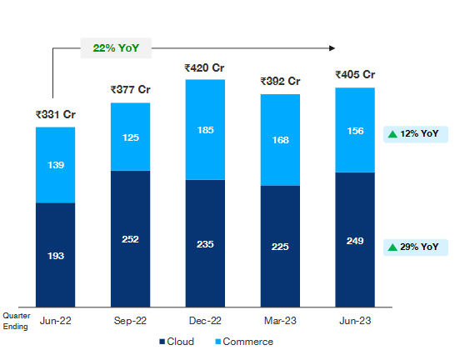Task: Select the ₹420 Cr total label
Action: tap(205, 67)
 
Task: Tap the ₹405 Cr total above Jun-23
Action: tap(355, 75)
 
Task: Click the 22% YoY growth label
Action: tap(116, 47)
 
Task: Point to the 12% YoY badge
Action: tap(414, 134)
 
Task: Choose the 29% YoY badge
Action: tap(414, 247)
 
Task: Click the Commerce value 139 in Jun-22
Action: tap(55, 167)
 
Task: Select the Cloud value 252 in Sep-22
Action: tap(130, 239)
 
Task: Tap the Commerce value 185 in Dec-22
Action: tap(205, 131)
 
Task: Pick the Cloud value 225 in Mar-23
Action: tap(280, 246)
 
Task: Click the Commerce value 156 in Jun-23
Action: tap(355, 131)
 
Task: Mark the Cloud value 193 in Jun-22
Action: tap(55, 256)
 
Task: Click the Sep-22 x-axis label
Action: tap(130, 320)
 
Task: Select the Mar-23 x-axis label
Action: tap(280, 320)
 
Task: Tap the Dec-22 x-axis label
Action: tap(205, 320)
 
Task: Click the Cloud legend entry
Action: tap(177, 342)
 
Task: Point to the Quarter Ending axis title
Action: tap(17, 321)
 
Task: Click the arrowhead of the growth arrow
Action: tap(334, 47)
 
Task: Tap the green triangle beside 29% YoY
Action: tap(392, 247)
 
